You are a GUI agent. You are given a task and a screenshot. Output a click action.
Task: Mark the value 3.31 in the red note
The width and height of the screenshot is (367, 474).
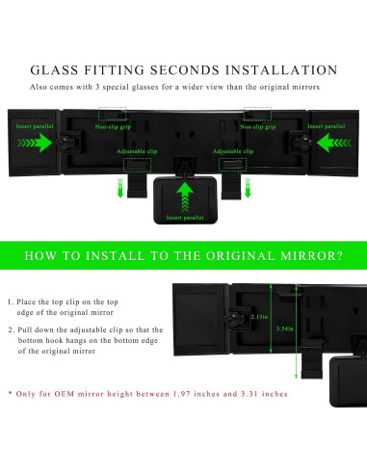[x=245, y=394]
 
